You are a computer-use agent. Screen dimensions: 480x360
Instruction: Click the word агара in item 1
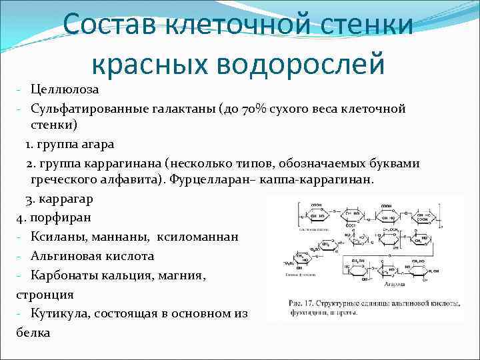pyautogui.click(x=96, y=144)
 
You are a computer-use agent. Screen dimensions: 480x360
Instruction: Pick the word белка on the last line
pyautogui.click(x=33, y=331)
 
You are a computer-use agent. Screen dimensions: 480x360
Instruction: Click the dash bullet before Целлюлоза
pyautogui.click(x=21, y=90)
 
